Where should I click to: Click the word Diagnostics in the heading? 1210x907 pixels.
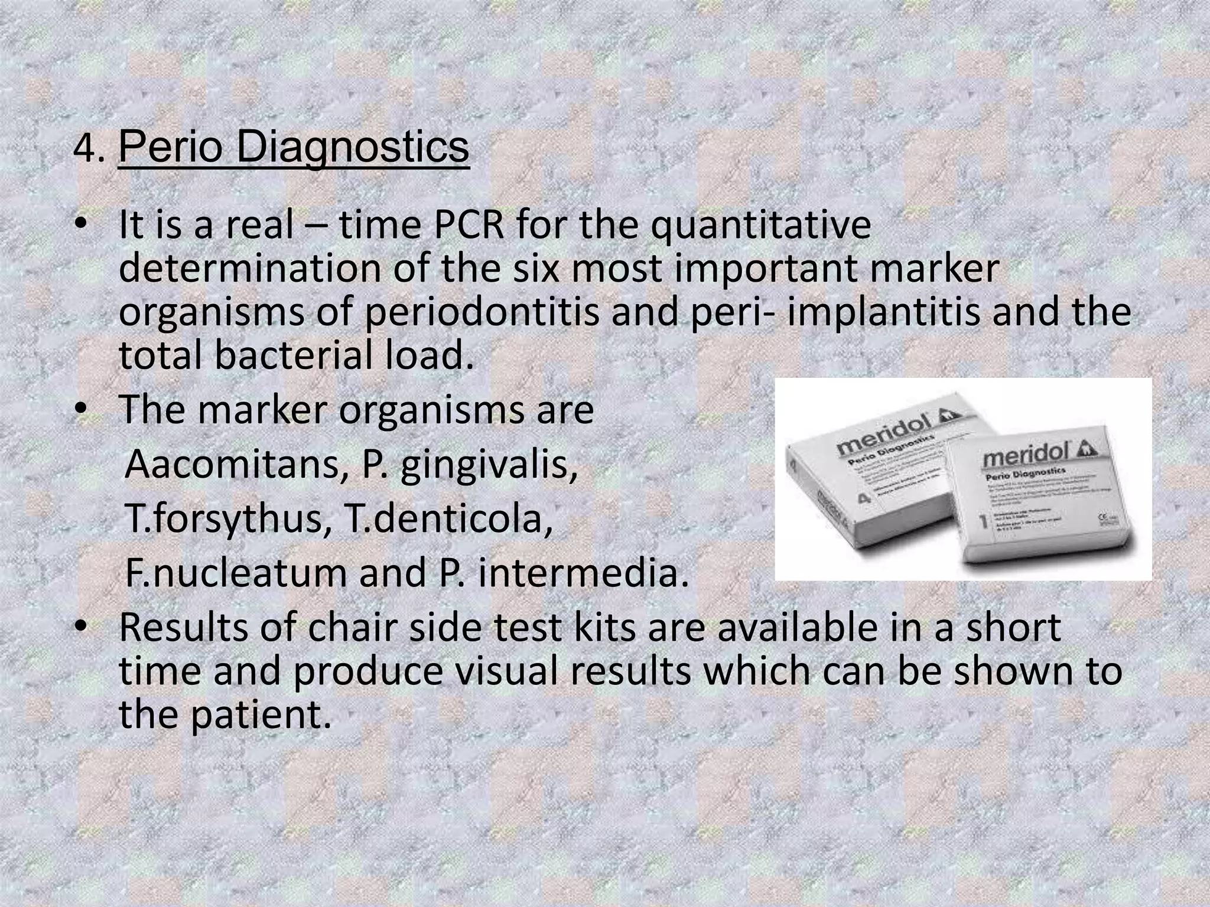click(x=353, y=147)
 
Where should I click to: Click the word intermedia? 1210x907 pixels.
click(x=583, y=573)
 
